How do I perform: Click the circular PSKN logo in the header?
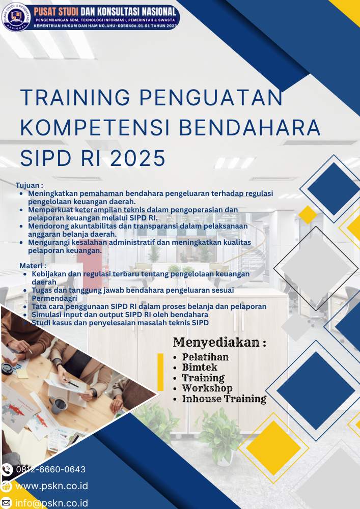16,17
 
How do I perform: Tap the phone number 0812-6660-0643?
50,469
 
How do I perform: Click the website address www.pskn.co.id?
51,486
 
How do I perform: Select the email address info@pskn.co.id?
51,503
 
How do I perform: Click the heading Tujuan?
30,185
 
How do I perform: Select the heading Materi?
33,266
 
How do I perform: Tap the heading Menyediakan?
219,342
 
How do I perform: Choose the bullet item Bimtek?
200,367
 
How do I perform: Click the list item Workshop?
207,388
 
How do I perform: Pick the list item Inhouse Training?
224,399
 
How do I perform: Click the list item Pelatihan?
205,357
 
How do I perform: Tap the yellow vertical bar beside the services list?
160,372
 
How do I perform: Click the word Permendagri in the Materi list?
54,298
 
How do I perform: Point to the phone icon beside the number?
7,469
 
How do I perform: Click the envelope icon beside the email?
7,503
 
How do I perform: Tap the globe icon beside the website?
7,486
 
